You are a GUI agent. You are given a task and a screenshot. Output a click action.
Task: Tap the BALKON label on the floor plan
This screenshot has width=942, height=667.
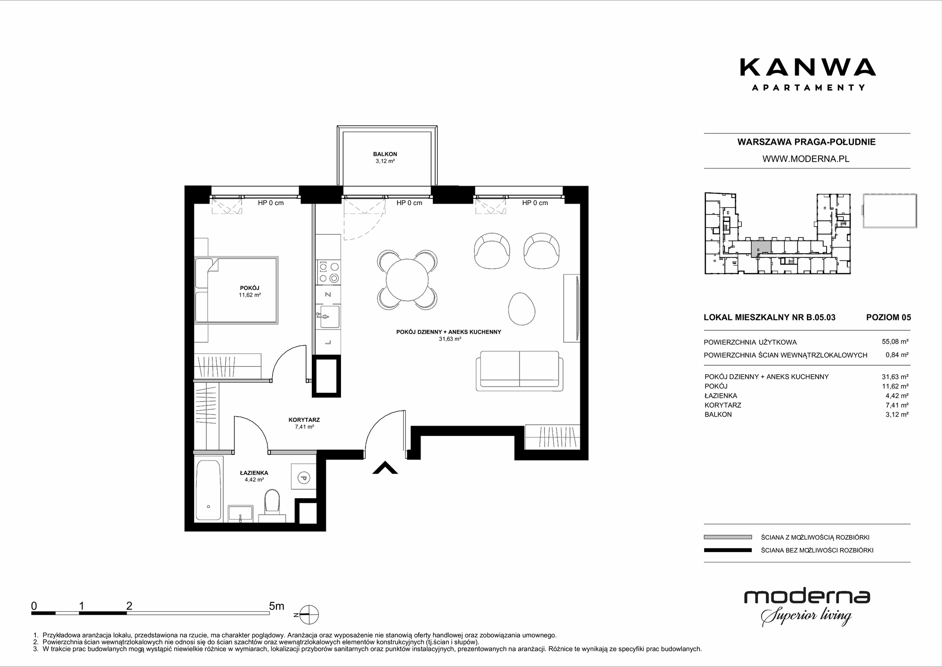tap(385, 154)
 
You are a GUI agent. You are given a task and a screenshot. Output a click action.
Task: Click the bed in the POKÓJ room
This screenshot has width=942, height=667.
tap(236, 290)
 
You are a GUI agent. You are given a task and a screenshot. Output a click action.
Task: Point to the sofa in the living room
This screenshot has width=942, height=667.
tap(520, 371)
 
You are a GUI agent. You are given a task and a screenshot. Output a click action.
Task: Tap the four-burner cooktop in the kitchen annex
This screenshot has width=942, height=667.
tap(329, 272)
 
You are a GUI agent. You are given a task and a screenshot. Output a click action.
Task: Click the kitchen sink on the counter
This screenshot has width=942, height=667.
tap(329, 316)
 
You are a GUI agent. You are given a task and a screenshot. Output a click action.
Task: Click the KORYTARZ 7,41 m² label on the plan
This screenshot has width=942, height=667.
tap(304, 423)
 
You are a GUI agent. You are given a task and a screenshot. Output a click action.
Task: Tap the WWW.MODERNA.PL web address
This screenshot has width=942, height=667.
tap(806, 159)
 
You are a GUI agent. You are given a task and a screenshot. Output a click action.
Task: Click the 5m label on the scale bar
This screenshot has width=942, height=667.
tap(276, 606)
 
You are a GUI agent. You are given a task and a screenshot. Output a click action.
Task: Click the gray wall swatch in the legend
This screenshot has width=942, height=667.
tap(728, 537)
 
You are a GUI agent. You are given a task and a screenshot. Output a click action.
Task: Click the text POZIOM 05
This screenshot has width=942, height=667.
tap(889, 317)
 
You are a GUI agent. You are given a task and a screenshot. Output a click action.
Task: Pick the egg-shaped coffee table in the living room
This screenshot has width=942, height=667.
tap(522, 308)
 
